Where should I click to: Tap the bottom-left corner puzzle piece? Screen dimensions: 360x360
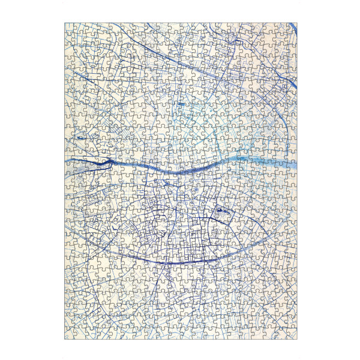coord(70,334)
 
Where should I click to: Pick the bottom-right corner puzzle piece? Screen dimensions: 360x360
coord(291,334)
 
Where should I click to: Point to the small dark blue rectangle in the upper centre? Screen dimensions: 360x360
coord(181,104)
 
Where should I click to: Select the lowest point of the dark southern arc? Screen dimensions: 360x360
coord(174,263)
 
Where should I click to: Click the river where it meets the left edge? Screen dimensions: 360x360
coord(67,161)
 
